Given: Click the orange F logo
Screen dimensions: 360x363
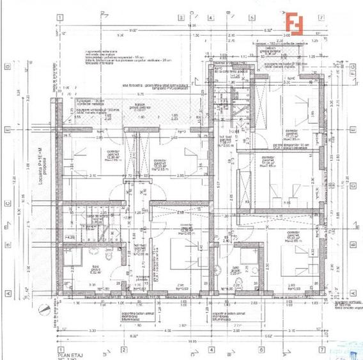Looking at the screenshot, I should (295, 23).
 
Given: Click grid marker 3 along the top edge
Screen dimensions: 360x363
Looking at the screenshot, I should (181, 17).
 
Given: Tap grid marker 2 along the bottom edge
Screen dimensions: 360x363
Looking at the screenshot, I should (122, 350).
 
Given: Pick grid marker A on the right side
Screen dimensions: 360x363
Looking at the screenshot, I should (353, 293).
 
